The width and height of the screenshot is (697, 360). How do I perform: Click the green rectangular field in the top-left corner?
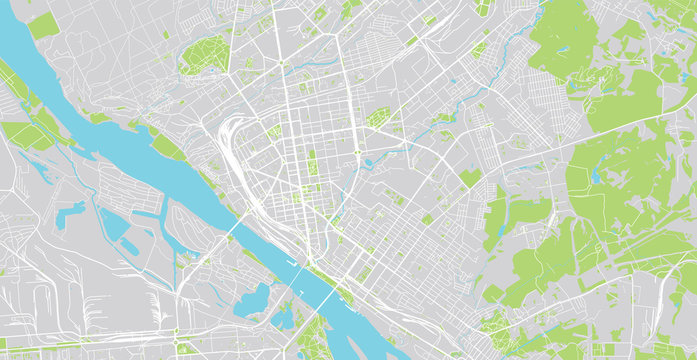click(42, 25)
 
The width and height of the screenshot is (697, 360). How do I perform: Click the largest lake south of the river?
click(250, 299)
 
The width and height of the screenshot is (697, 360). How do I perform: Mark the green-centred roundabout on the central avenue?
click(357, 153)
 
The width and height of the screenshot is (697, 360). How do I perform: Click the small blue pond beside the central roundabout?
click(369, 162)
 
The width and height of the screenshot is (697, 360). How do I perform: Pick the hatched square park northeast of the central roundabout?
click(377, 118)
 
